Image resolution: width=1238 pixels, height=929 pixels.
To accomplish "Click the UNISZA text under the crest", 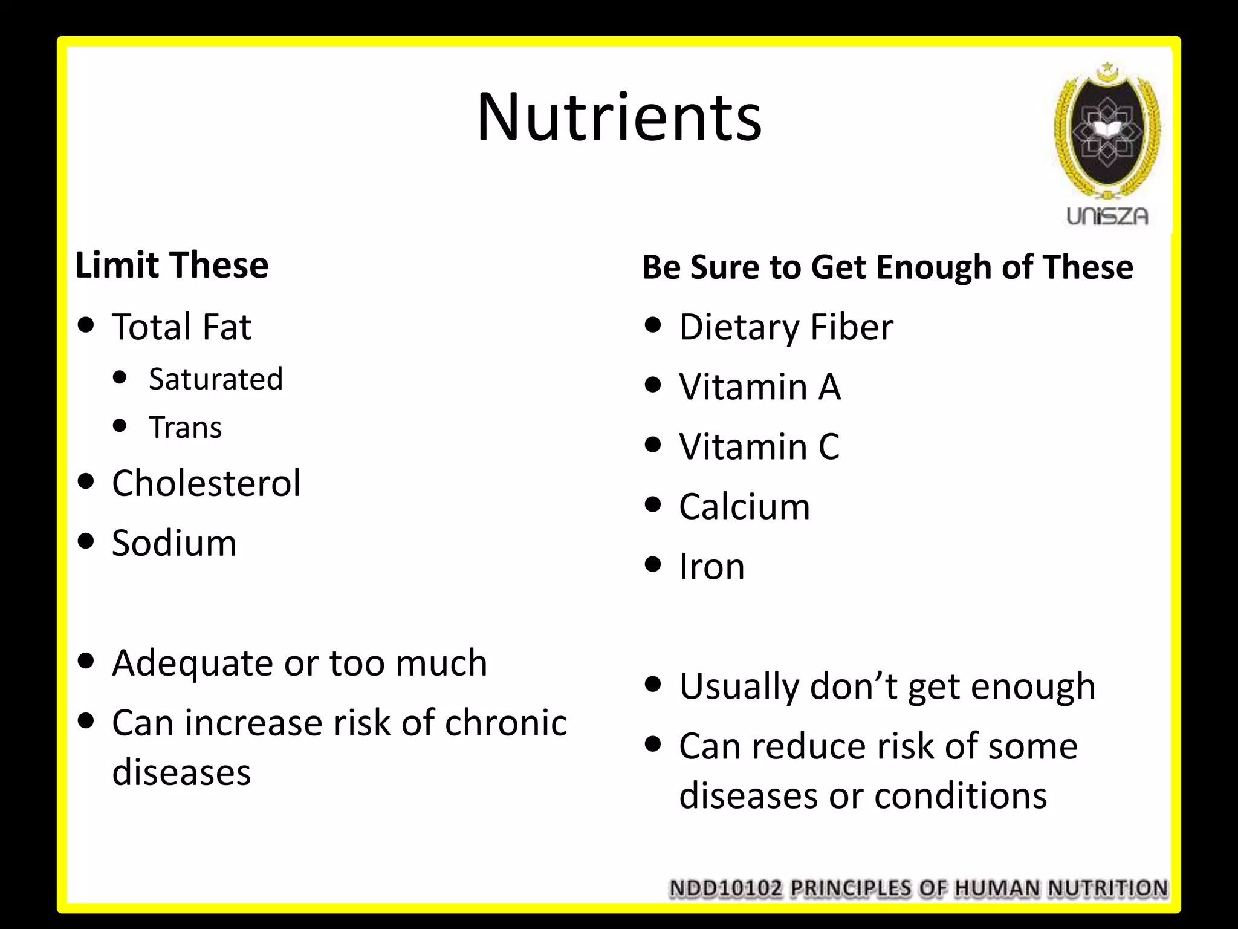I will pyautogui.click(x=1107, y=217).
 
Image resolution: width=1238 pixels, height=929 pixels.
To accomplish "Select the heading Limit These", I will pyautogui.click(x=172, y=265).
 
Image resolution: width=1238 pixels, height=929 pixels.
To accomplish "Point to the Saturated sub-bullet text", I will pyautogui.click(x=216, y=379).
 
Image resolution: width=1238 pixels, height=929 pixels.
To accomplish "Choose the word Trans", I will pyautogui.click(x=186, y=427).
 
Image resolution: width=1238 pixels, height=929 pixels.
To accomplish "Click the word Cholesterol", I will pyautogui.click(x=206, y=483).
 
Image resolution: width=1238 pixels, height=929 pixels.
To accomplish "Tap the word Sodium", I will pyautogui.click(x=174, y=543).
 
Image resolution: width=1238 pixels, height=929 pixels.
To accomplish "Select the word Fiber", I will pyautogui.click(x=851, y=327).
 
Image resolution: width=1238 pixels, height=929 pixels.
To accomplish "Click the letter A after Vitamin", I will pyautogui.click(x=829, y=386).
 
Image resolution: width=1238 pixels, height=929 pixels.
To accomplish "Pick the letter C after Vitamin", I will pyautogui.click(x=829, y=446).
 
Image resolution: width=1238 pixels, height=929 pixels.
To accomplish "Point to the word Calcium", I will pyautogui.click(x=744, y=506).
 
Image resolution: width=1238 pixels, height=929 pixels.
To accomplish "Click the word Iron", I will pyautogui.click(x=711, y=567).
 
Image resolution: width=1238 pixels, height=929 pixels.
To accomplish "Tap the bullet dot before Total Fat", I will pyautogui.click(x=86, y=325).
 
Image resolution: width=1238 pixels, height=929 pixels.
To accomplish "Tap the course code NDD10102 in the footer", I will pyautogui.click(x=725, y=888).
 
